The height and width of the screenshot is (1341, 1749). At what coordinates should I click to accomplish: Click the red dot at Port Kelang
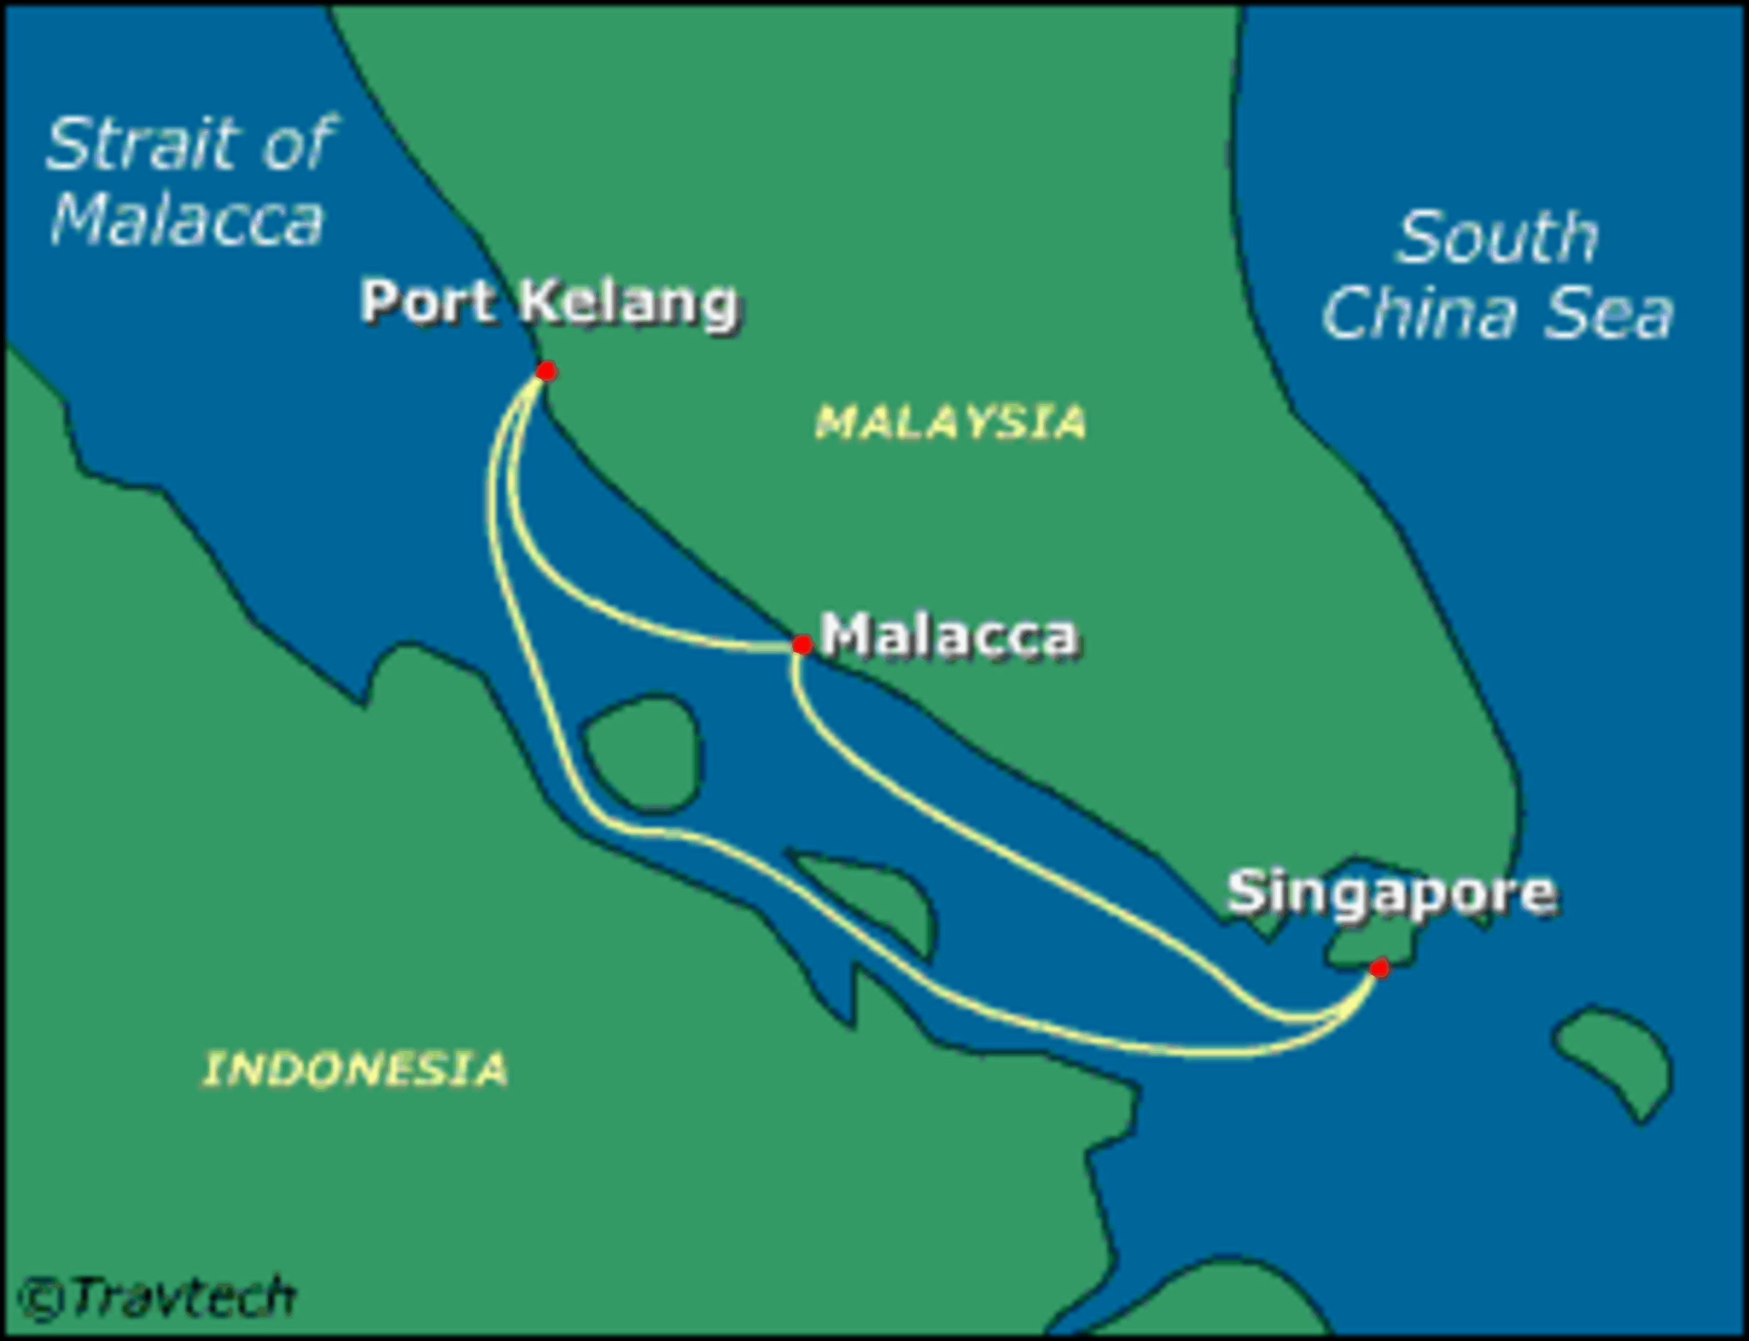546,371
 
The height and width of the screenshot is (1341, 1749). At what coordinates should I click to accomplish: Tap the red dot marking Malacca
802,644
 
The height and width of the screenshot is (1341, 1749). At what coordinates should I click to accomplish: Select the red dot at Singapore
1379,969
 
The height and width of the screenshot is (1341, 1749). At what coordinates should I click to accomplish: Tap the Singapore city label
1391,891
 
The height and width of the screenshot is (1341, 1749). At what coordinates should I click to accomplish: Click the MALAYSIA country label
950,421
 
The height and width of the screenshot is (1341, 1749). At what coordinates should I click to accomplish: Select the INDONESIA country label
355,1069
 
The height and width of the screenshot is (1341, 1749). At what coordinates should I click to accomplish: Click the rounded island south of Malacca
643,754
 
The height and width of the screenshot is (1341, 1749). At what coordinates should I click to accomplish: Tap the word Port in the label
427,302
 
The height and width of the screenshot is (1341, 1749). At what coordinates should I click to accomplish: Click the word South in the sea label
1498,237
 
